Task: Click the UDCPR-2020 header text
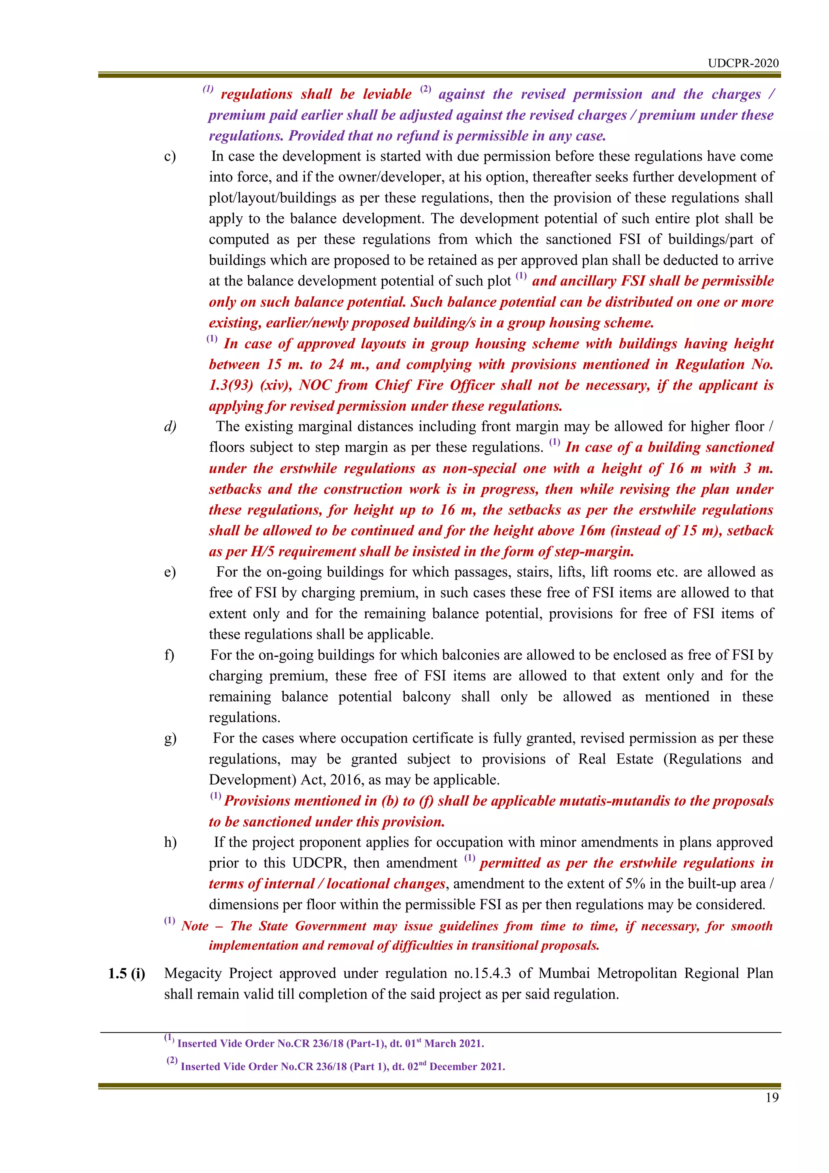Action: click(743, 63)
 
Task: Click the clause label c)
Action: click(170, 156)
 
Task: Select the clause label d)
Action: click(170, 427)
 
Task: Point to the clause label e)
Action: click(170, 572)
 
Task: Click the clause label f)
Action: click(169, 655)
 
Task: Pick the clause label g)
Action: click(170, 738)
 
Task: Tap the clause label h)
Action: click(170, 842)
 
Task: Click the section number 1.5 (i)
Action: click(127, 973)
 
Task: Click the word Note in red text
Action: click(195, 926)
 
